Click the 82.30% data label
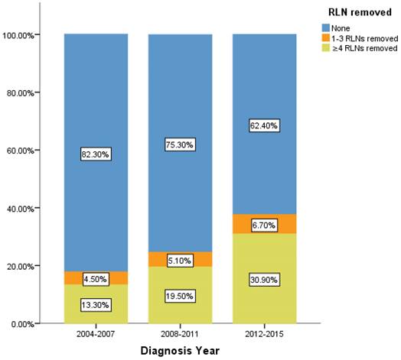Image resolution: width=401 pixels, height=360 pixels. pyautogui.click(x=96, y=154)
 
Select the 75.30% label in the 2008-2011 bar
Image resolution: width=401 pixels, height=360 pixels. pyautogui.click(x=180, y=144)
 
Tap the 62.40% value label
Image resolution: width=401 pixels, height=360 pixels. pyautogui.click(x=265, y=125)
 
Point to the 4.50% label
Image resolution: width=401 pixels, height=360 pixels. pyautogui.click(x=96, y=279)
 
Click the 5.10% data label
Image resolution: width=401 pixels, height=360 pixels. pyautogui.click(x=180, y=261)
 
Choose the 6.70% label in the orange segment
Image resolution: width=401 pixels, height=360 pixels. pyautogui.click(x=265, y=225)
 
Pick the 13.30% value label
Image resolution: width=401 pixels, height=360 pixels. pyautogui.click(x=96, y=305)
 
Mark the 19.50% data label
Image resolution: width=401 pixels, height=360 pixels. pyautogui.click(x=180, y=296)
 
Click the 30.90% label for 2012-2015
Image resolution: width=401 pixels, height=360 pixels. pyautogui.click(x=265, y=280)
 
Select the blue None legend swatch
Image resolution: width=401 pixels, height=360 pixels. pyautogui.click(x=326, y=28)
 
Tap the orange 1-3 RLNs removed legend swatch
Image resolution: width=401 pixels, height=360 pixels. pyautogui.click(x=326, y=37)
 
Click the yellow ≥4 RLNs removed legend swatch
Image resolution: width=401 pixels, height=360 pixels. pyautogui.click(x=326, y=48)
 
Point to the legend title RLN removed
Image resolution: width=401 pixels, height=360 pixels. pyautogui.click(x=360, y=12)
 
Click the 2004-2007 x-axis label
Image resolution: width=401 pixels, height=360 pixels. pyautogui.click(x=96, y=334)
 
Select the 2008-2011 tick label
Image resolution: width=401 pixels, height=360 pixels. pyautogui.click(x=180, y=334)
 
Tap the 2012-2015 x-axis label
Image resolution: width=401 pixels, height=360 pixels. pyautogui.click(x=265, y=334)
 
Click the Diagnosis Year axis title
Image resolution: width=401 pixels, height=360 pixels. pyautogui.click(x=180, y=351)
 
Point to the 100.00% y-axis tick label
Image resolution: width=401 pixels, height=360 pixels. pyautogui.click(x=18, y=35)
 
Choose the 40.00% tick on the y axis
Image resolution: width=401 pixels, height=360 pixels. pyautogui.click(x=20, y=209)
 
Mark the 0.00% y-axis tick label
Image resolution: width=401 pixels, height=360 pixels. pyautogui.click(x=22, y=324)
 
